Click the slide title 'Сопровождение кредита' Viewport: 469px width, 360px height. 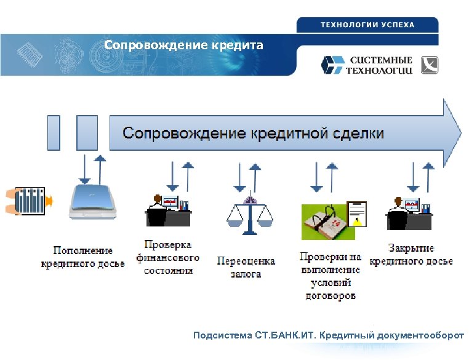click(183, 46)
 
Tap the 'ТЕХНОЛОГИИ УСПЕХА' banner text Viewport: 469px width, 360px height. click(367, 25)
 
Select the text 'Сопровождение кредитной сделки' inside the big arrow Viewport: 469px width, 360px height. click(253, 133)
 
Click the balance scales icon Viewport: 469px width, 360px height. click(250, 215)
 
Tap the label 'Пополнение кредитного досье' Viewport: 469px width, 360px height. click(82, 257)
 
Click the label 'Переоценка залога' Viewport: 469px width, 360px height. click(246, 267)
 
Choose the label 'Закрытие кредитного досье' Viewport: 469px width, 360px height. click(411, 255)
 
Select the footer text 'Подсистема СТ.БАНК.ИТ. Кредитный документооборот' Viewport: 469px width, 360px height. click(329, 336)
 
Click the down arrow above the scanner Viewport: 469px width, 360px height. click(83, 169)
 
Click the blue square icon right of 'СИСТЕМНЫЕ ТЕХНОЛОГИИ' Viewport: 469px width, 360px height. click(430, 65)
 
